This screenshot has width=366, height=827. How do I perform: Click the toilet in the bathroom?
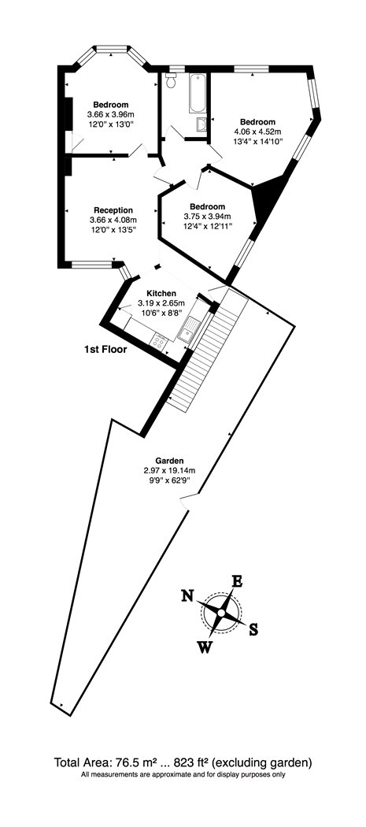[170, 80]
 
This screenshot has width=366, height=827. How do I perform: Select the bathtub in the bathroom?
[198, 93]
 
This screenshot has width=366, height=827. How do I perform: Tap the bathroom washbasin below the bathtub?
[202, 124]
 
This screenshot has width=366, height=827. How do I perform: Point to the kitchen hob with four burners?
[158, 341]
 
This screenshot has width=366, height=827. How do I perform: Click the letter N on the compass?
[187, 595]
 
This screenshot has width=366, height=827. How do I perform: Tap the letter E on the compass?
[238, 581]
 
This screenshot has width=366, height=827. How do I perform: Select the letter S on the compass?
[253, 629]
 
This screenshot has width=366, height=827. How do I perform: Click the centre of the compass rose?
[221, 613]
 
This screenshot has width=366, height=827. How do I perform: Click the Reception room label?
[113, 210]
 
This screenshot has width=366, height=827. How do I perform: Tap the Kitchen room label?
[161, 293]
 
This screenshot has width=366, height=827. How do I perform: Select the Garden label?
[169, 460]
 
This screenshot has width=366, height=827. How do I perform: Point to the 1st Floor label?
[105, 349]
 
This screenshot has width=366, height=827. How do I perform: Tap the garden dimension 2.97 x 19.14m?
[169, 470]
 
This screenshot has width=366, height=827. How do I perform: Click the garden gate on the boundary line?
[189, 500]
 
